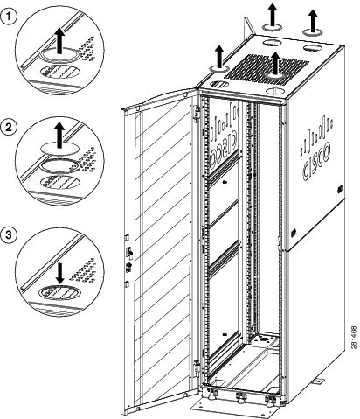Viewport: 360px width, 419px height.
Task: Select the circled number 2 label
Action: (11, 127)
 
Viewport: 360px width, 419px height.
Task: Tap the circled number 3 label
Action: (11, 234)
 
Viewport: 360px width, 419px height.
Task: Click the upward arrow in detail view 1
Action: (59, 38)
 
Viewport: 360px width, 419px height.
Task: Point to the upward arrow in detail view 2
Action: (59, 134)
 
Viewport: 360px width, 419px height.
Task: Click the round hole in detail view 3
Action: (59, 289)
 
